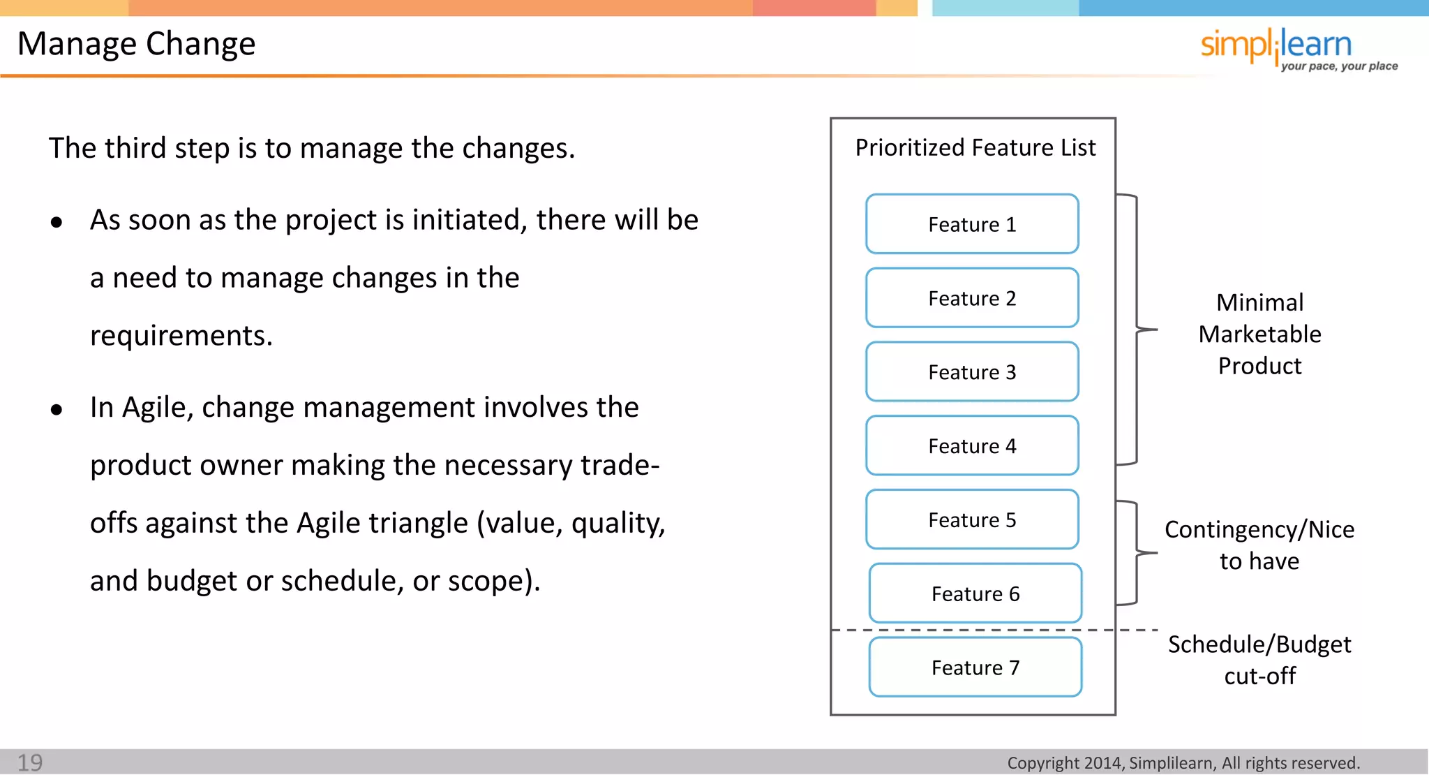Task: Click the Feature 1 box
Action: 972,224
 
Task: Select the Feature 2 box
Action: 972,298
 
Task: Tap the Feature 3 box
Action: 972,372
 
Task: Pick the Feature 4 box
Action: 972,446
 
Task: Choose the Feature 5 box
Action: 972,520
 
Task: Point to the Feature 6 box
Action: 975,593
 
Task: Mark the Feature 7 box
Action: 975,667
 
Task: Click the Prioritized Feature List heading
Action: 975,148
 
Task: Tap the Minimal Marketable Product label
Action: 1259,334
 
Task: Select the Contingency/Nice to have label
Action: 1259,545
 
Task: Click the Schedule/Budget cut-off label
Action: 1259,660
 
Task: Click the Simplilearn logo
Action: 1276,45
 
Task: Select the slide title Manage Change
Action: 137,43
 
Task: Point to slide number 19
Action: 30,762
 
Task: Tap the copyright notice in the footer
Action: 1183,763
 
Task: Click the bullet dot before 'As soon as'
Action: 57,223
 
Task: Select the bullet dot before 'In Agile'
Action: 57,410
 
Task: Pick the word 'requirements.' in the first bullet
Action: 181,336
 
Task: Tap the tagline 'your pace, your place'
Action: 1339,66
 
